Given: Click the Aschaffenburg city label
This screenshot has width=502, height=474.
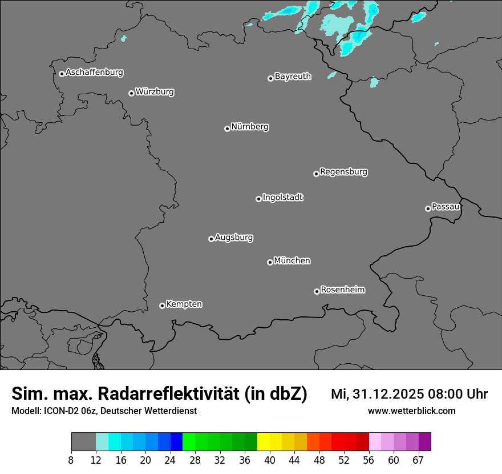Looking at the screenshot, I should click(x=94, y=73).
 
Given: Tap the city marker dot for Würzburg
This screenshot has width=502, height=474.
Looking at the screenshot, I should click(x=131, y=93).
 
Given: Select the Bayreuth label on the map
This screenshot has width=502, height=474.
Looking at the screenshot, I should click(x=293, y=77).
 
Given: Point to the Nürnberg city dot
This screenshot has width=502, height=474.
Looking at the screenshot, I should click(x=227, y=128).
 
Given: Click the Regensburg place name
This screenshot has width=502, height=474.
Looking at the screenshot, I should click(x=343, y=172).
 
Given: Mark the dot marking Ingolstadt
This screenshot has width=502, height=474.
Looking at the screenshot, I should click(x=258, y=199).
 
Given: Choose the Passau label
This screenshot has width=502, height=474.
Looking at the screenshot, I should click(x=446, y=207).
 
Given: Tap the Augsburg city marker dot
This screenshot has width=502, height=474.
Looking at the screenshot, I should click(x=211, y=239).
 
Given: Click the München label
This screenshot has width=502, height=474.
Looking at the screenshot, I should click(x=292, y=261).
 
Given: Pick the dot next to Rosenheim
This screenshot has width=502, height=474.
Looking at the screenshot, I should click(x=317, y=292).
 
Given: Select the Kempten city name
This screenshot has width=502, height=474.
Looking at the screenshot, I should click(x=184, y=304).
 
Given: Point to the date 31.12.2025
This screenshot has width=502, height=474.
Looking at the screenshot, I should click(x=383, y=394).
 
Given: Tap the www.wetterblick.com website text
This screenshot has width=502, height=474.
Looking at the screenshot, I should click(x=411, y=411).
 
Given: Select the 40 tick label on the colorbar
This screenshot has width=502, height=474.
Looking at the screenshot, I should click(x=269, y=460).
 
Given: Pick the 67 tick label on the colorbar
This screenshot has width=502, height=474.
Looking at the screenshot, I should click(x=418, y=460).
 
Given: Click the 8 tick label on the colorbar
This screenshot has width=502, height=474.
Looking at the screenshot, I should click(x=71, y=460).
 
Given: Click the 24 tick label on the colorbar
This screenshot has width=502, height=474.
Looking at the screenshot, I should click(x=171, y=460).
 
